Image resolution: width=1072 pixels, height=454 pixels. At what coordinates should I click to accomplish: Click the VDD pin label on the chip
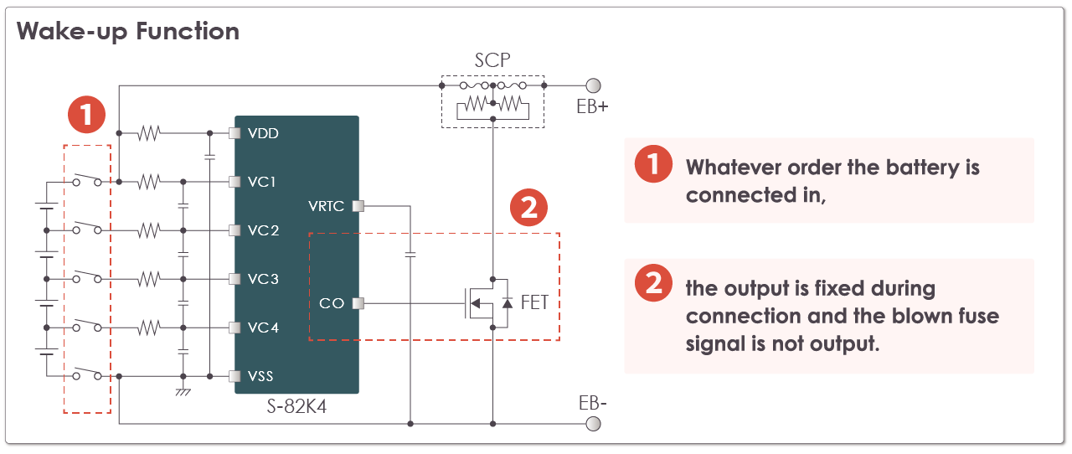[263, 133]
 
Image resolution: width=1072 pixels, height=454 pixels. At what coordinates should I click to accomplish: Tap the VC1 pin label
[262, 182]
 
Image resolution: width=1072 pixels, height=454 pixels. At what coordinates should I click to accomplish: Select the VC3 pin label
[263, 279]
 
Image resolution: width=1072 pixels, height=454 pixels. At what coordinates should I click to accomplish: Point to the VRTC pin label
[326, 206]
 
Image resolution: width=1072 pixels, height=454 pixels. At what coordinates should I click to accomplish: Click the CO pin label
[331, 303]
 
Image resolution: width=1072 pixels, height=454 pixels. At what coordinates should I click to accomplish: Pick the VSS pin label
[260, 376]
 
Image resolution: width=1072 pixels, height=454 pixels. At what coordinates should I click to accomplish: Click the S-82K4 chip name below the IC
[296, 406]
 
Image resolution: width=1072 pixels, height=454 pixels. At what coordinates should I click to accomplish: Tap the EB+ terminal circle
[594, 85]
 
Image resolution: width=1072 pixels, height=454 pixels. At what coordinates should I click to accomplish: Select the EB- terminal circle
[594, 424]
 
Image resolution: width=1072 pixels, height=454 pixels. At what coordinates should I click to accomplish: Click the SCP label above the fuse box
[492, 60]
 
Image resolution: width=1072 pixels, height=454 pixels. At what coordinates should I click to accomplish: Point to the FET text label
[534, 302]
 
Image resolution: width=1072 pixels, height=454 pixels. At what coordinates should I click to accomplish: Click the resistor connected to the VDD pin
[149, 133]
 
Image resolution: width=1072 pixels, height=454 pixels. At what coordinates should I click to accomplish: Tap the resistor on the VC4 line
[149, 328]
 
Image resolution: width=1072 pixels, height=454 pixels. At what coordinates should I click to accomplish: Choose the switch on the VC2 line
[87, 228]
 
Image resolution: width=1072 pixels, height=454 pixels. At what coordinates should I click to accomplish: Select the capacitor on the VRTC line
[410, 254]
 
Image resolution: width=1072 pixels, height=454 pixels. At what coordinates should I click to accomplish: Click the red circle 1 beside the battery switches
[86, 115]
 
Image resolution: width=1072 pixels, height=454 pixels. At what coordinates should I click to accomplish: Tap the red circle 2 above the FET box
[528, 208]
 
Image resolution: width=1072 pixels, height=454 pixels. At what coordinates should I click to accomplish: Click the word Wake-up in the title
[72, 32]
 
